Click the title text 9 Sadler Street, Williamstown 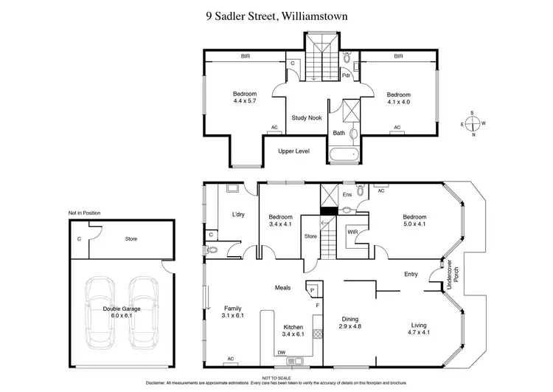(x=276, y=14)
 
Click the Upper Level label (x=293, y=151)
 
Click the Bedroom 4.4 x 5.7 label (x=244, y=97)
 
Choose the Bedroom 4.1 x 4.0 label (x=398, y=98)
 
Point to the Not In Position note (x=84, y=213)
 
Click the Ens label (x=347, y=194)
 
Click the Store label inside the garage (x=131, y=239)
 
